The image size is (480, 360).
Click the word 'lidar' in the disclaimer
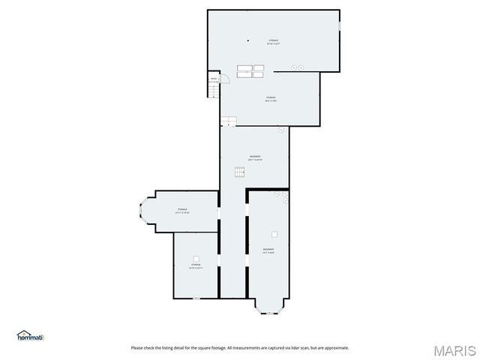tap(287, 348)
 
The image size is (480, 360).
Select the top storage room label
tap(274, 41)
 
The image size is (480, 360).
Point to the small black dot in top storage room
tap(247, 40)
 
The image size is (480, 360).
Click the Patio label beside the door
tap(214, 79)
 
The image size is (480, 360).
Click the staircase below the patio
tap(214, 91)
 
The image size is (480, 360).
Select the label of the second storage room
tap(271, 99)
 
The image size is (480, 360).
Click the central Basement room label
tap(255, 157)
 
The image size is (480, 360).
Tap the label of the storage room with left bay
tap(182, 211)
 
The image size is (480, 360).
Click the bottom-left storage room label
tap(196, 266)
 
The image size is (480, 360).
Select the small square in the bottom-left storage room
tap(196, 258)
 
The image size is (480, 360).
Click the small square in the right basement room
tap(275, 233)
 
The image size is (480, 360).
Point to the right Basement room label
tap(268, 250)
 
